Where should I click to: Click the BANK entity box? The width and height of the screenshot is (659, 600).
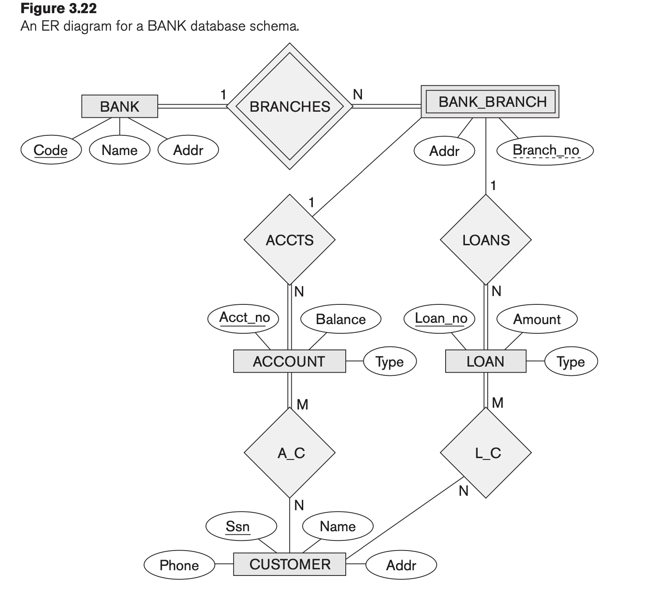pos(120,106)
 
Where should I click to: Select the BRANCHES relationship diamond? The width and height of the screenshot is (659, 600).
pos(290,106)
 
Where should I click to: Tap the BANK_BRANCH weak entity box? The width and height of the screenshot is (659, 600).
pos(490,102)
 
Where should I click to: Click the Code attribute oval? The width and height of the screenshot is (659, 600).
pos(51,150)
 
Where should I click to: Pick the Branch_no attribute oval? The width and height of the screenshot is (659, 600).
pos(545,150)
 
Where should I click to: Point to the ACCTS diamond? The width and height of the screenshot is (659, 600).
pos(290,240)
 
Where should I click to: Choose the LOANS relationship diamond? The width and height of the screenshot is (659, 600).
pos(485,240)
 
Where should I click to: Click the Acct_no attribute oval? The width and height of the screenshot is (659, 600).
pos(244,318)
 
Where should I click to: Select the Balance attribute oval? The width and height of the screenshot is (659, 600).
pos(340,319)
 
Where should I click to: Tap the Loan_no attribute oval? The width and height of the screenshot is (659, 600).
pos(440,318)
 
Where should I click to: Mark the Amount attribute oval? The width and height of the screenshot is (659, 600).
pos(537,319)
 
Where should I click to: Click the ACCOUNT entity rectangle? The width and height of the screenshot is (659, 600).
pos(289,361)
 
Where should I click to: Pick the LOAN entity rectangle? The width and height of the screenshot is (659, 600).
pos(485,361)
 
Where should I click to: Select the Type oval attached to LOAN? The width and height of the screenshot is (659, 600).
pos(570,362)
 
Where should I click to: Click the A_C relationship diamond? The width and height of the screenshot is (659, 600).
pos(290,453)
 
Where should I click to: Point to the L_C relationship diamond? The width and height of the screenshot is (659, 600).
pos(485,453)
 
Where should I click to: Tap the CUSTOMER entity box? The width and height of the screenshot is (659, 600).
pos(290,564)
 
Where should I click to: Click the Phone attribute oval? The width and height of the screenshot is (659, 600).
pos(179,565)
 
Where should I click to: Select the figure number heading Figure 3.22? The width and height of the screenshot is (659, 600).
pos(59,8)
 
